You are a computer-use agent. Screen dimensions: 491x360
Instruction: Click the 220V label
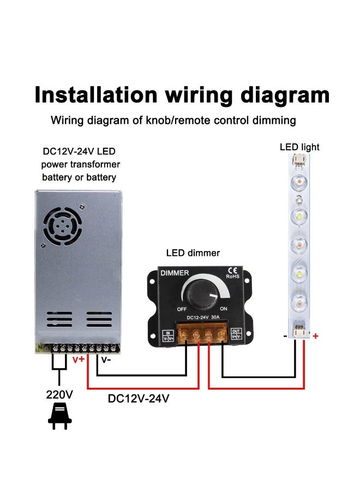[59, 394]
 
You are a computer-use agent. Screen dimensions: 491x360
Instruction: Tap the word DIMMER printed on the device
[175, 273]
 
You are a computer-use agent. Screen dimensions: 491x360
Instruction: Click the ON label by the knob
[224, 309]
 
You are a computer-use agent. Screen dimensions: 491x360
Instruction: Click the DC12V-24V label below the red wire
[139, 398]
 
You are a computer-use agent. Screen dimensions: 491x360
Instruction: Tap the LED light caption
[299, 147]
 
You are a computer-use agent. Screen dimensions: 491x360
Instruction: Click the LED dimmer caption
[193, 253]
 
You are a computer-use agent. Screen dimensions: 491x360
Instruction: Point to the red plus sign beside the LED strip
[315, 337]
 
